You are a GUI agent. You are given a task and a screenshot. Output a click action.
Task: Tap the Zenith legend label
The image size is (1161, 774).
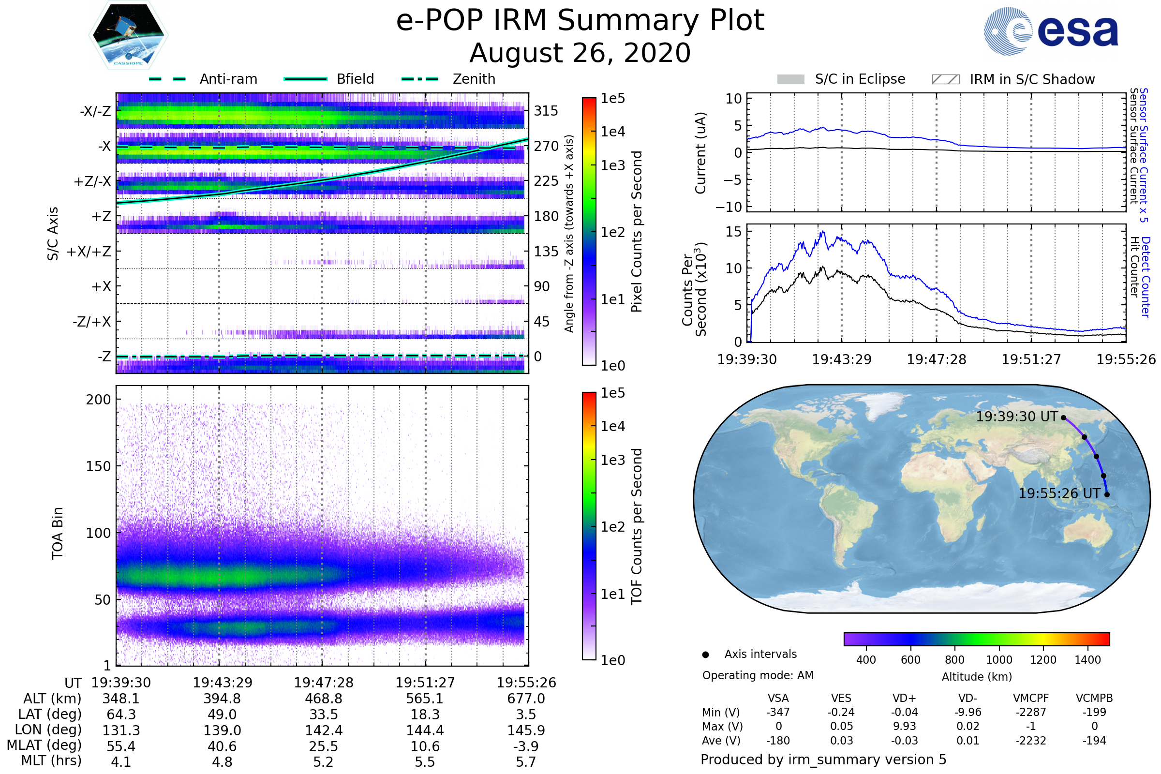point(474,79)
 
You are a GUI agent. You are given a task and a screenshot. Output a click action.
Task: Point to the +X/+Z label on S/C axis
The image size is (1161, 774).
point(89,252)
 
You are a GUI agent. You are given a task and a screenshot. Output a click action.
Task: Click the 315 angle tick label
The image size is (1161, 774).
point(546,111)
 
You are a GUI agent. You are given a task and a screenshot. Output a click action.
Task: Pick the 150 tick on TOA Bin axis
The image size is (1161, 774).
point(98,466)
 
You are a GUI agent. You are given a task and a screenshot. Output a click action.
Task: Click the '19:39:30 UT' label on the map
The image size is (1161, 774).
point(1017,417)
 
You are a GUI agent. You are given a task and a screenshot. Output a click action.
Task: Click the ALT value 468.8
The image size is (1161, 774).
point(323,699)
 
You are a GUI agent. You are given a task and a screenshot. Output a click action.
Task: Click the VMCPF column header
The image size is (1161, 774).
point(1031,699)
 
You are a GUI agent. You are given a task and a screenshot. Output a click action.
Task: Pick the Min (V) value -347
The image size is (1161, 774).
point(778,712)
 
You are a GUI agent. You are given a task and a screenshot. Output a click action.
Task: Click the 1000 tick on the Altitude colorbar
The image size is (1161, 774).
point(999,660)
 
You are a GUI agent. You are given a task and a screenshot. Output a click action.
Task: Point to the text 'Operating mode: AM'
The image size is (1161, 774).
point(758,675)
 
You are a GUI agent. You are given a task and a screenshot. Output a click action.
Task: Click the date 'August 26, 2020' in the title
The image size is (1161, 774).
point(580,53)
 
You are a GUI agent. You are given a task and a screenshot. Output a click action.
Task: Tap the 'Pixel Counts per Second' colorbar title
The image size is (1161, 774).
point(637,232)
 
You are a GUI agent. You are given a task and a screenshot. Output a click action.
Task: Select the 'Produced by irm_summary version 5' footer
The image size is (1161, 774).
point(823,759)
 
